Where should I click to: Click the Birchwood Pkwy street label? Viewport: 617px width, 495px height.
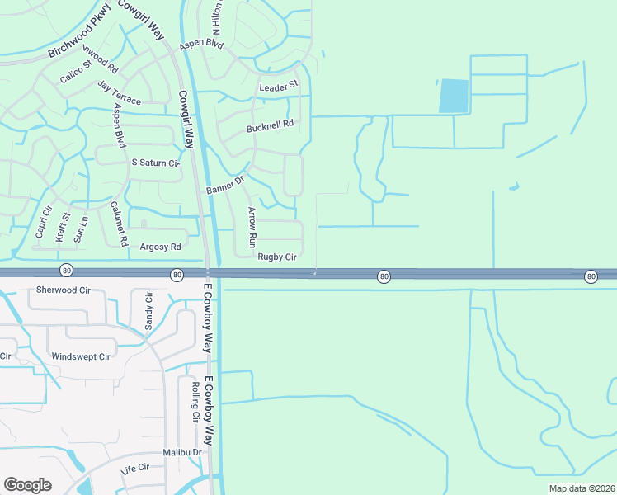tap(78, 40)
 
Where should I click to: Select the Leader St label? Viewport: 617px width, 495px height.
tap(278, 87)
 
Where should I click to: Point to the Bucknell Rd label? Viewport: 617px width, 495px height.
tap(270, 127)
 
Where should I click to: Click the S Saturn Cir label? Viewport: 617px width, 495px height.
tap(155, 163)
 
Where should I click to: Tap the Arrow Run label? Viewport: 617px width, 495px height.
tap(252, 229)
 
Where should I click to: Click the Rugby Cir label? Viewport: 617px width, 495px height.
tap(276, 257)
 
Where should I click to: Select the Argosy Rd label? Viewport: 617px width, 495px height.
tap(160, 247)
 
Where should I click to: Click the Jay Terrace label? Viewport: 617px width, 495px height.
tap(119, 93)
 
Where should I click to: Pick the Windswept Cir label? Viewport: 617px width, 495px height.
tap(80, 356)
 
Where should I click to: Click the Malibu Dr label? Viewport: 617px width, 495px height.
tap(182, 452)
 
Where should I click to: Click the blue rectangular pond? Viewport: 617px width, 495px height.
tap(454, 96)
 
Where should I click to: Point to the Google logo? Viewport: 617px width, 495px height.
tap(27, 485)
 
